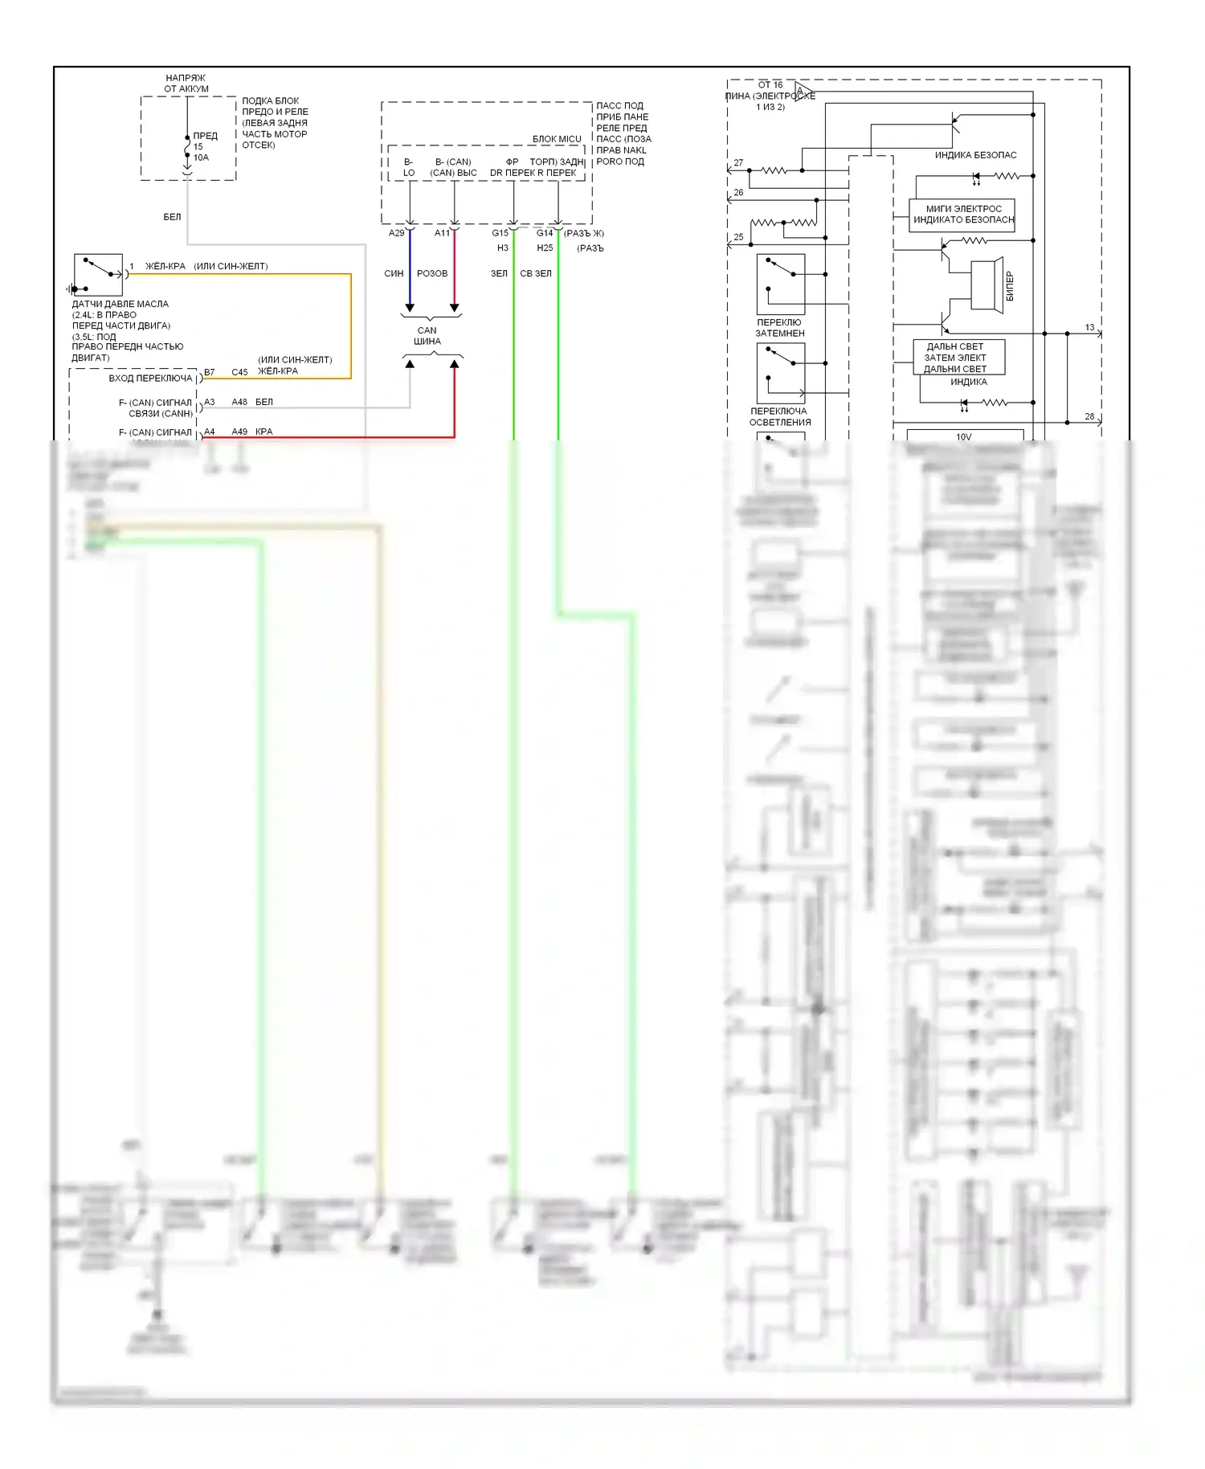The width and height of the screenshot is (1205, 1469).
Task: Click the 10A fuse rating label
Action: coord(201,158)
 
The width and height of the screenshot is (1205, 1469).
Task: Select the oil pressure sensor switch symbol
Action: coord(98,275)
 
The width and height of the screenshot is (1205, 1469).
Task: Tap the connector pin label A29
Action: coord(396,233)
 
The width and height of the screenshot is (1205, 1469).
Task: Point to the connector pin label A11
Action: coord(443,233)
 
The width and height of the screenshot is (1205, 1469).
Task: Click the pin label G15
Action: coord(500,233)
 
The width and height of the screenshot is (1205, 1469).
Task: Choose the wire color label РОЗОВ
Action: coord(432,273)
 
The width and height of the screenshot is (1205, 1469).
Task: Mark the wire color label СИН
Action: coord(394,273)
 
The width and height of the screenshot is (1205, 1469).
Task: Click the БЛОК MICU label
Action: coord(557,139)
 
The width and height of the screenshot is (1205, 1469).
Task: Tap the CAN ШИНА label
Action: coord(427,336)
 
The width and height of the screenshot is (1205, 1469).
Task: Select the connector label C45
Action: coord(239,372)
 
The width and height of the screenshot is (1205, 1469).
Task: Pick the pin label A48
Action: coord(239,402)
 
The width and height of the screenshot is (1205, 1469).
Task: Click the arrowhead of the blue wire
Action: coord(410,308)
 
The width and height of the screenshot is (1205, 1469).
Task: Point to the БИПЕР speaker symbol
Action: coord(987,284)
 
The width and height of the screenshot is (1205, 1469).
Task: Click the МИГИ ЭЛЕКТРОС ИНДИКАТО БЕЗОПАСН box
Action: coord(962,215)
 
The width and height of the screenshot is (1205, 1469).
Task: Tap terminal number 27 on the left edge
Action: coord(738,162)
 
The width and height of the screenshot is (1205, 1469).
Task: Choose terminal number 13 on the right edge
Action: coord(1089,327)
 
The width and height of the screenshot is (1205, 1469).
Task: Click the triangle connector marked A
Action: coord(801,89)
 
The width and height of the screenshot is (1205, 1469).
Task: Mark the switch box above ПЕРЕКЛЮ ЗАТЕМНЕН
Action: coord(780,284)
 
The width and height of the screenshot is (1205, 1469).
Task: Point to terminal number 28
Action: coord(1089,416)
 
